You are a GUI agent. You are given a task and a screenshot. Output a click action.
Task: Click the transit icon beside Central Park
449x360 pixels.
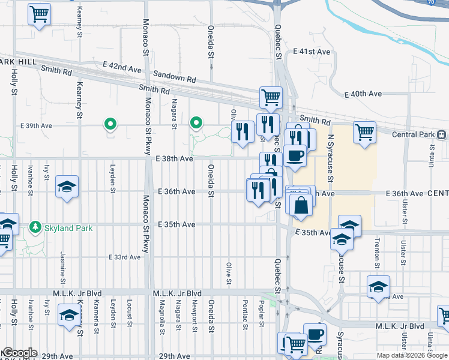click(x=442, y=134)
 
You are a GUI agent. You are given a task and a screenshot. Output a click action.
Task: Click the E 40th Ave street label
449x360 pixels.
click(x=363, y=94)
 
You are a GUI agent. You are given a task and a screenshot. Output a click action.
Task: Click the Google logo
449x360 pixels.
click(x=19, y=353)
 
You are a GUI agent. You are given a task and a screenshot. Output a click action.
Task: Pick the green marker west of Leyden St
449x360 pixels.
click(x=110, y=124)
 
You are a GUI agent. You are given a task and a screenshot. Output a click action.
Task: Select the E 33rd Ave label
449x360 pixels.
click(x=124, y=257)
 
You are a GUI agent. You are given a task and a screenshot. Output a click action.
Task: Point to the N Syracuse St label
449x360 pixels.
click(x=330, y=158)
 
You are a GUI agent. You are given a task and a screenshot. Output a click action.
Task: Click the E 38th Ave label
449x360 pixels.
click(x=174, y=159)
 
